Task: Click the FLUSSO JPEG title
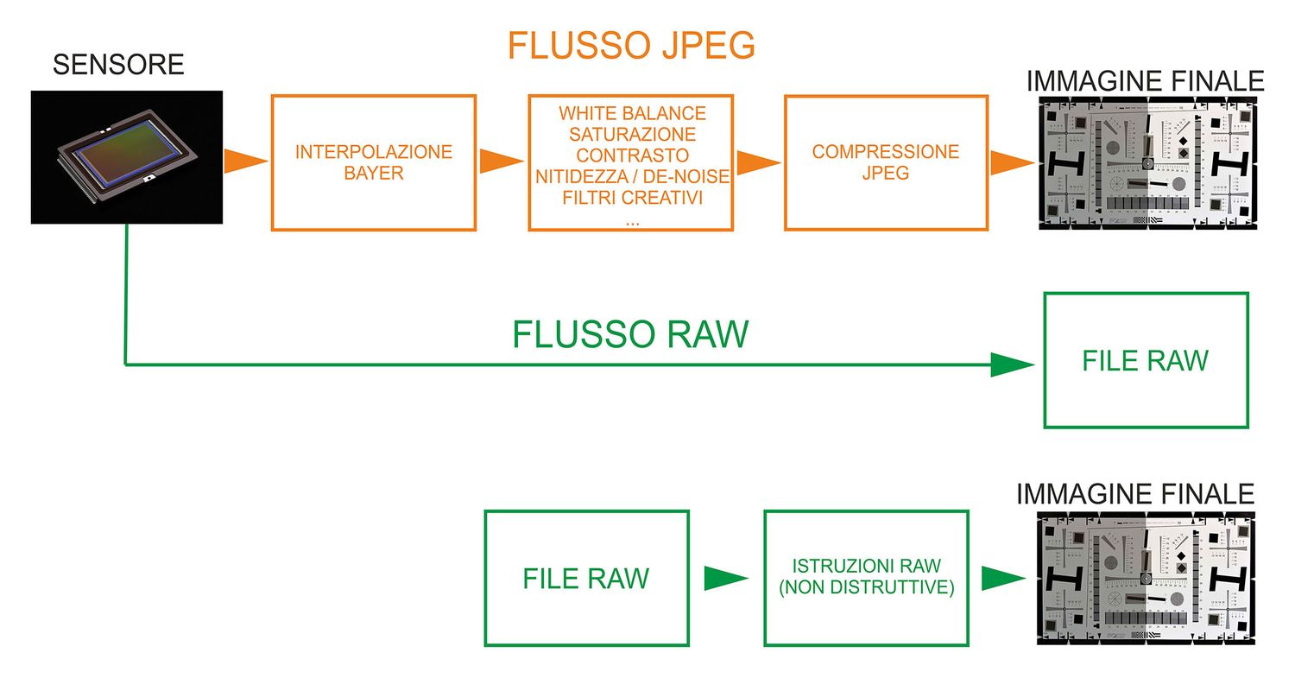click(x=631, y=46)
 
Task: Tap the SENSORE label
click(x=118, y=64)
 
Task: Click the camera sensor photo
click(x=127, y=157)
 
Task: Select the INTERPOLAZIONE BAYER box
click(x=374, y=162)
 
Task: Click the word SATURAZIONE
click(x=632, y=135)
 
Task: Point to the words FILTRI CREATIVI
click(x=632, y=198)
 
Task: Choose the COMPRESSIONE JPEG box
click(x=886, y=162)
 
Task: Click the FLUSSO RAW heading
click(x=630, y=334)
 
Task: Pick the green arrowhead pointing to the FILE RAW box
click(x=1012, y=364)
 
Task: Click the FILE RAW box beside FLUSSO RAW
click(x=1146, y=360)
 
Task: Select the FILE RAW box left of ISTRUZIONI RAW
click(x=586, y=578)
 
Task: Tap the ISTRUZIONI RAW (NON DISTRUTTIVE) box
click(x=866, y=578)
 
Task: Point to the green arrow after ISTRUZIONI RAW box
click(x=1002, y=578)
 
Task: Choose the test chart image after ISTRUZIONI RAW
click(x=1146, y=578)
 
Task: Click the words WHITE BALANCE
click(x=632, y=113)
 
